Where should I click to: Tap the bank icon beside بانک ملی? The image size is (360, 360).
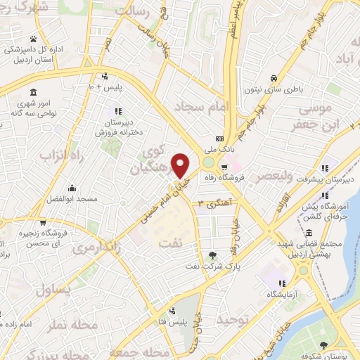point(219,138)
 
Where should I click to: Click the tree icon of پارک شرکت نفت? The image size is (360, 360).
point(214,255)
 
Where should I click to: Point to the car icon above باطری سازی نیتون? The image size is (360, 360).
point(273,79)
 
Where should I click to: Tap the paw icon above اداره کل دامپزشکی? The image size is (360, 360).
point(33,39)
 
